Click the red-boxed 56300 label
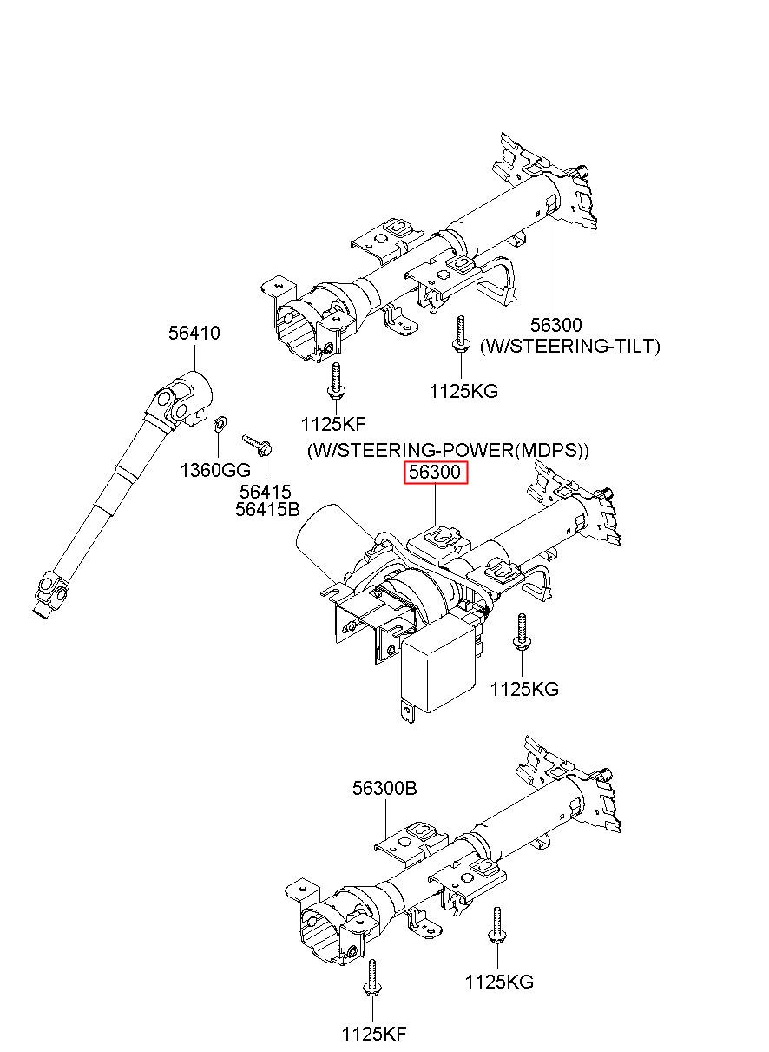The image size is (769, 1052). (x=436, y=472)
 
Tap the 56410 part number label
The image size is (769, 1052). (x=194, y=333)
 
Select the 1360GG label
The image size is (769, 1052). (x=215, y=470)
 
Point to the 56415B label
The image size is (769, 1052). (x=267, y=509)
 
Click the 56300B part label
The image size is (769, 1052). (x=384, y=789)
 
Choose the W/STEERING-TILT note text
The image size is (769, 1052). (x=570, y=346)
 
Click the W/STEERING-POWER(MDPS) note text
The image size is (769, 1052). (x=448, y=450)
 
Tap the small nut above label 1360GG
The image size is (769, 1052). (x=219, y=425)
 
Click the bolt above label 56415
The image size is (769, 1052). (x=258, y=445)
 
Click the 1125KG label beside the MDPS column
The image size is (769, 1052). (x=524, y=689)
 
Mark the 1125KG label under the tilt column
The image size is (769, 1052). (x=463, y=391)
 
